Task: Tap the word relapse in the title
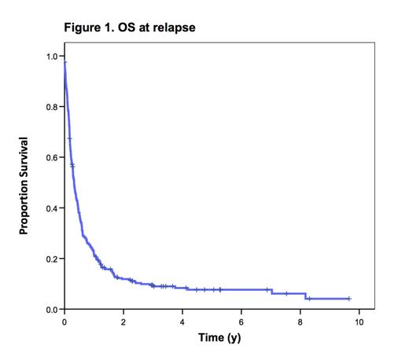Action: tap(173, 28)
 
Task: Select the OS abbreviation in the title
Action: tap(129, 28)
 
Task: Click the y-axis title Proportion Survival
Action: tap(24, 186)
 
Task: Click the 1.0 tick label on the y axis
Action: tap(50, 57)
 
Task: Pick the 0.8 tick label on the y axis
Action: tap(50, 107)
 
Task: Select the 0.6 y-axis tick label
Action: tap(50, 157)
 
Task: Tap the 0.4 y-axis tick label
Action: tap(50, 208)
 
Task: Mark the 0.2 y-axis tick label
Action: tap(50, 259)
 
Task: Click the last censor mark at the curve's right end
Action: tap(349, 299)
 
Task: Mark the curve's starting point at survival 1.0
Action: tap(64, 57)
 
